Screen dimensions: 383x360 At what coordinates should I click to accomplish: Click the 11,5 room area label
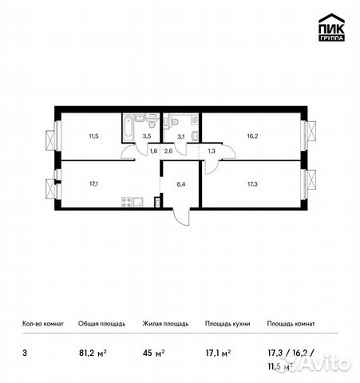click(x=94, y=136)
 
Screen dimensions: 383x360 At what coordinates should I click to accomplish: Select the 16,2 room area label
click(x=252, y=136)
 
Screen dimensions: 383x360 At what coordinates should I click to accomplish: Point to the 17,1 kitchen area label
click(x=94, y=182)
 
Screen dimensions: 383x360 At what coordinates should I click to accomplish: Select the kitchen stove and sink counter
click(x=131, y=200)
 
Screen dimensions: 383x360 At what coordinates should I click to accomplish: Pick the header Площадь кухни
click(x=227, y=324)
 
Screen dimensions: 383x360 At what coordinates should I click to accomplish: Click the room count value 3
click(x=25, y=349)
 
